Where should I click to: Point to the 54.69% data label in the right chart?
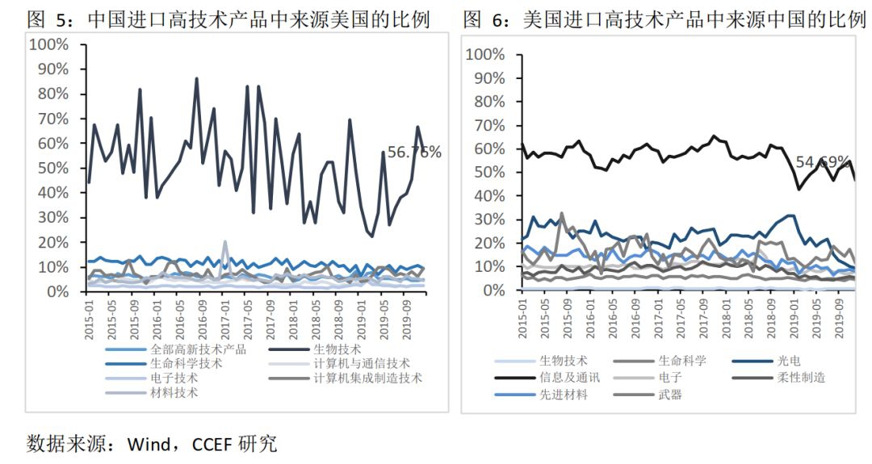coord(823,161)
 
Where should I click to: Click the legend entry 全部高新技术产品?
coord(198,349)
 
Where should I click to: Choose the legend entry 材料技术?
coord(174,393)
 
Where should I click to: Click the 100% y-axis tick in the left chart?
coord(48,44)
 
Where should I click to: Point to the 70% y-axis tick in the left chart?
coord(52,119)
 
